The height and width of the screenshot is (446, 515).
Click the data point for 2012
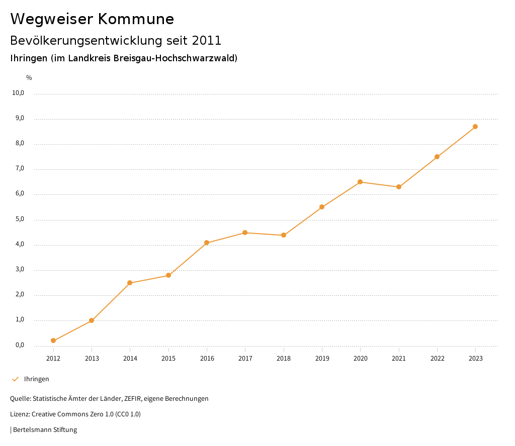pos(53,341)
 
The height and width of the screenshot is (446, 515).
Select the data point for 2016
pos(207,243)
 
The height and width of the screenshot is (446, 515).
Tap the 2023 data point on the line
pos(475,127)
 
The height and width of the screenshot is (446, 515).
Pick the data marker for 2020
pos(360,182)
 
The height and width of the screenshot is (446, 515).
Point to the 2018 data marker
pos(284,235)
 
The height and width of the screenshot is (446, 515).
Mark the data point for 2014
pos(130,283)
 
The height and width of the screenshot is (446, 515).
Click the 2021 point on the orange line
pos(399,187)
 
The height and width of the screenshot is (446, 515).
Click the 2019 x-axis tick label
pos(322,358)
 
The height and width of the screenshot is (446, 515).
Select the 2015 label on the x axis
pos(168,358)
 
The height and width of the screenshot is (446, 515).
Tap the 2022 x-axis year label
pos(437,358)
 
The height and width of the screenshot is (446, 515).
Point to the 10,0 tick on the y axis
pos(18,93)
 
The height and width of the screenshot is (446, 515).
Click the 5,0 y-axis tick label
pos(20,219)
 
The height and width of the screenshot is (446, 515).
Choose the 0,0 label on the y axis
pos(20,345)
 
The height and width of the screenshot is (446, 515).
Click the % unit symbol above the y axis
pos(29,78)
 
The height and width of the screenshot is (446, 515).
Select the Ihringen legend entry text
pos(37,379)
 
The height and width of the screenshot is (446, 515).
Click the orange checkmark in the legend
pos(15,379)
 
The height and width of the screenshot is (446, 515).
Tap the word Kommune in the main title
pos(136,19)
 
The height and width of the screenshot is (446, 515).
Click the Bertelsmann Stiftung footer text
pos(45,430)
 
